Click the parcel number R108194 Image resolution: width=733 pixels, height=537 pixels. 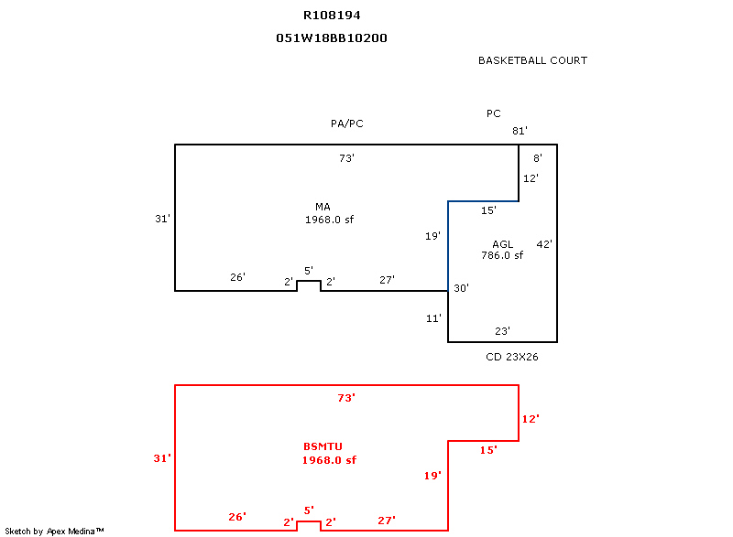pyautogui.click(x=325, y=15)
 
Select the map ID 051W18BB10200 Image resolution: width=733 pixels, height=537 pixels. pyautogui.click(x=325, y=38)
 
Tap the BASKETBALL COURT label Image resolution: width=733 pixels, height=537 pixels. pyautogui.click(x=532, y=60)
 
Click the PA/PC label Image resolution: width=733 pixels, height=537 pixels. pyautogui.click(x=347, y=124)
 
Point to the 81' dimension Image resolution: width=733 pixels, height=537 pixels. pyautogui.click(x=520, y=131)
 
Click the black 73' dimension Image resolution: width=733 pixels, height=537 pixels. pyautogui.click(x=346, y=158)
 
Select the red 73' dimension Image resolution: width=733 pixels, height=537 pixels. pyautogui.click(x=346, y=398)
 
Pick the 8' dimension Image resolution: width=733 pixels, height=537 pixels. pyautogui.click(x=538, y=158)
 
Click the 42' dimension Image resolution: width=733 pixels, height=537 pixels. pyautogui.click(x=544, y=244)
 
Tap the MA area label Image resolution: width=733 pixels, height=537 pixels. pyautogui.click(x=323, y=207)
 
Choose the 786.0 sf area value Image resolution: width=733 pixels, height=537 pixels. pyautogui.click(x=502, y=255)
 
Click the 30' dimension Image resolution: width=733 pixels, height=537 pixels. pyautogui.click(x=461, y=288)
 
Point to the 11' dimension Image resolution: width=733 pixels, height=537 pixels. pyautogui.click(x=434, y=318)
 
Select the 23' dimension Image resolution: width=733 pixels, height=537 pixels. pyautogui.click(x=502, y=331)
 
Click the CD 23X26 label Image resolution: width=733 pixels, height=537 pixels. pyautogui.click(x=511, y=357)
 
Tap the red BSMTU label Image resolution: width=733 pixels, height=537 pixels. pyautogui.click(x=323, y=446)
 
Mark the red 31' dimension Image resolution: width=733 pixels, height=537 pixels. pyautogui.click(x=162, y=458)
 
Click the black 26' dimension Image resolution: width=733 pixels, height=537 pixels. pyautogui.click(x=237, y=277)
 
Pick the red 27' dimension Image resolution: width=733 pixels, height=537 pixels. pyautogui.click(x=387, y=521)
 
